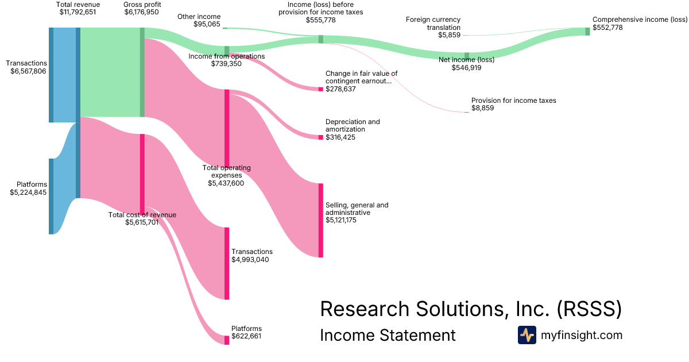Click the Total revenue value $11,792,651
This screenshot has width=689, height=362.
coord(78,11)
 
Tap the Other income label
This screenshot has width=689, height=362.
coord(199,17)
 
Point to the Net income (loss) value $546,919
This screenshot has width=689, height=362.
coord(466,67)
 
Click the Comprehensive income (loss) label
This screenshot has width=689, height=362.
coord(640,20)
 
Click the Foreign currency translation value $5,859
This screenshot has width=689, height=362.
coord(449,34)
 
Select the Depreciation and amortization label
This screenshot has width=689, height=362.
coord(353,126)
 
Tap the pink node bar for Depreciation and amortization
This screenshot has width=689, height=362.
coord(321,137)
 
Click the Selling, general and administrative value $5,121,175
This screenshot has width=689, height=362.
coord(341,220)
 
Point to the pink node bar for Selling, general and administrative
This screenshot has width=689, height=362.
coord(321,220)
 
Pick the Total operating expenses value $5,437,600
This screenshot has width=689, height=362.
coord(226,183)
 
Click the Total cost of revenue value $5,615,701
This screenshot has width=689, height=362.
coord(142,222)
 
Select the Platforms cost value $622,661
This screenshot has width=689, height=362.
coord(246,337)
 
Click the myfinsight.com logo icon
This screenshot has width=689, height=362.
coord(527,335)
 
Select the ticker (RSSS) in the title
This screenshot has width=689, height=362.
coord(590,309)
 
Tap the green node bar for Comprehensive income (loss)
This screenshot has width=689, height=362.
coord(587,32)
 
